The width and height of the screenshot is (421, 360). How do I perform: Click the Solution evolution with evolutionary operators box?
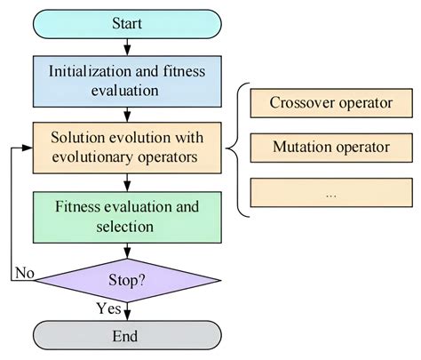pos(126,148)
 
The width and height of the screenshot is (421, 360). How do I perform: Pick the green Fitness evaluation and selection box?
pos(126,216)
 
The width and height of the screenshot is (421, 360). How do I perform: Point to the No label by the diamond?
pos(23,273)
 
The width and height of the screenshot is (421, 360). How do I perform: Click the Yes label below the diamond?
pos(107,310)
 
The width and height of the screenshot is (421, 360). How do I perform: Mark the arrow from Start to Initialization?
pos(126,44)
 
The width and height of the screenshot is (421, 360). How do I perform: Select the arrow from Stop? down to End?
pos(126,312)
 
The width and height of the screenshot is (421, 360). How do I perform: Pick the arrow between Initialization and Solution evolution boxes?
pos(126,114)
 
